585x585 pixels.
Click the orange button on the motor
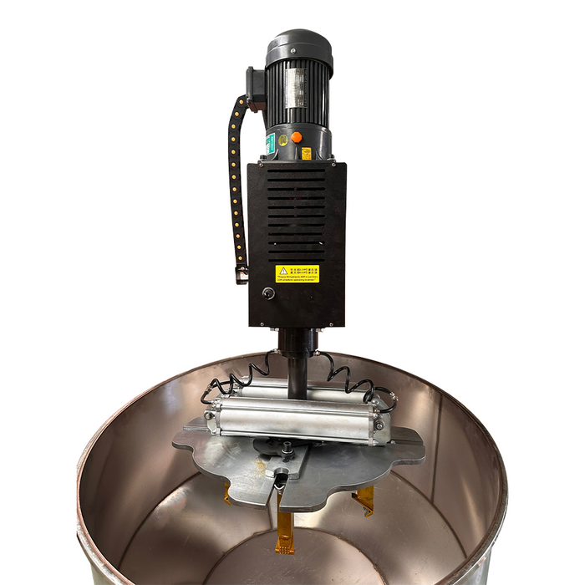296,137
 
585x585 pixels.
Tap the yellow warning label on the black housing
298,273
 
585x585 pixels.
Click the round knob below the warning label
268,294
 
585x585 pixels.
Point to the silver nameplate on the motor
296,88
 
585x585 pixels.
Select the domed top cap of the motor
298,43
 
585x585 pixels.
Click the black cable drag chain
238,184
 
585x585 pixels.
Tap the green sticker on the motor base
270,144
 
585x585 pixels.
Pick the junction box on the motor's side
254,88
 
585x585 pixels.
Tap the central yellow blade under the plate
285,526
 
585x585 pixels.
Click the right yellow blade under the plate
364,501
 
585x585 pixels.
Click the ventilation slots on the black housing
297,209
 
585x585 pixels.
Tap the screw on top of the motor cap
298,34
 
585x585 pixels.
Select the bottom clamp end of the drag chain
242,273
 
